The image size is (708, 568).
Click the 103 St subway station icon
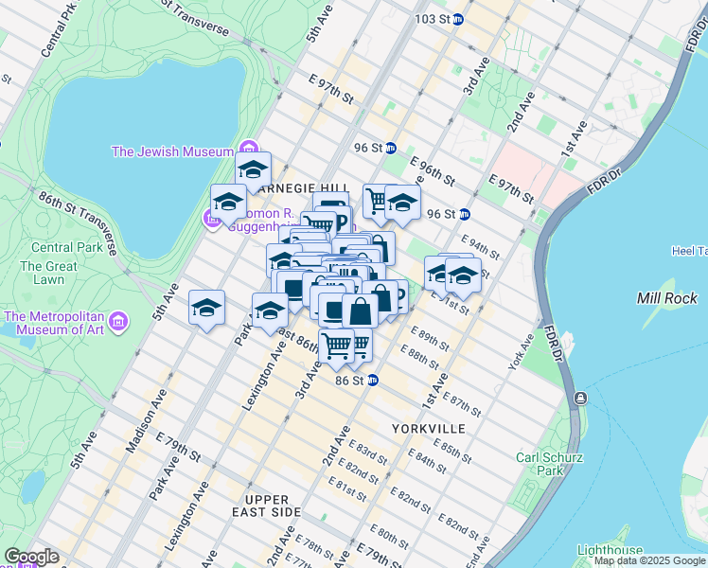458,19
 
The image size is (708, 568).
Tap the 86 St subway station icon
374,381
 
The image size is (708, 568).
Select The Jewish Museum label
172,151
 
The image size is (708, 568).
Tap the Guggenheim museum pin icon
212,220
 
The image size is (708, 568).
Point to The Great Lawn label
47,274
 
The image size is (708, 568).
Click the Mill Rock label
667,298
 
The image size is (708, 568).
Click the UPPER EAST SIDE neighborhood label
273,506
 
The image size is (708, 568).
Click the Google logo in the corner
31,557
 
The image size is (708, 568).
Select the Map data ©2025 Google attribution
649,561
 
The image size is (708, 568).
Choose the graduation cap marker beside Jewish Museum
253,170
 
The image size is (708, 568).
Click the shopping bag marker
360,310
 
